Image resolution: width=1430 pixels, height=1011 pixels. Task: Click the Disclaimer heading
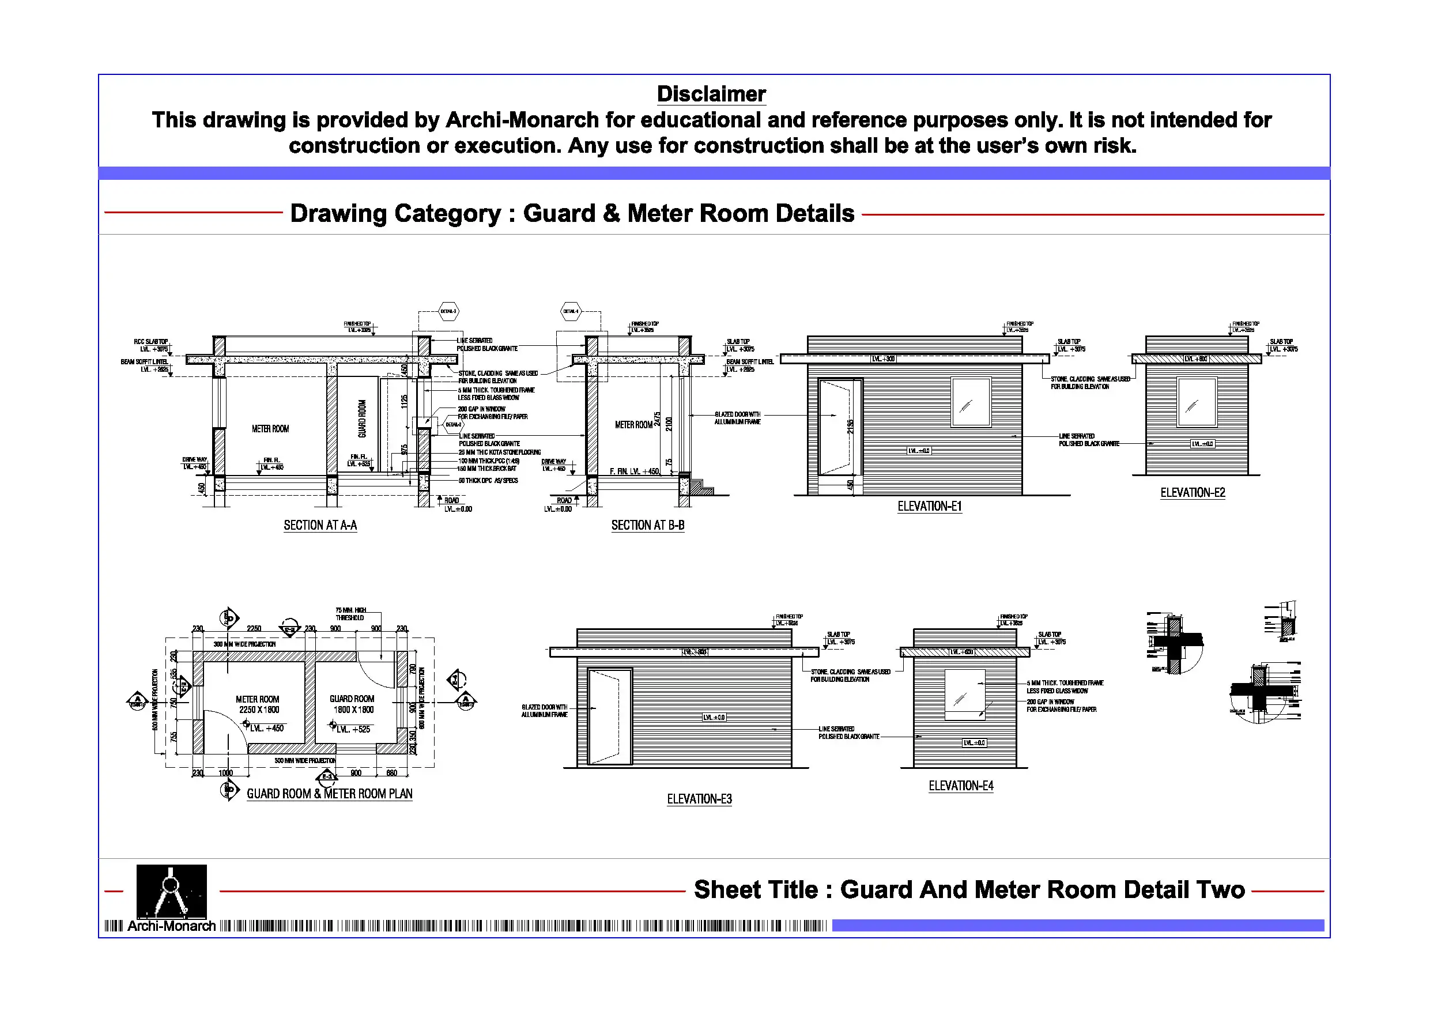coord(711,94)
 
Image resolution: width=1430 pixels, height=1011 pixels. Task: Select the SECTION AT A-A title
coord(320,525)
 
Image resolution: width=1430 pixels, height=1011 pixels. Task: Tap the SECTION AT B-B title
coord(648,525)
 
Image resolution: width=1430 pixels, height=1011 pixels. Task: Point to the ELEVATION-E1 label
coord(929,507)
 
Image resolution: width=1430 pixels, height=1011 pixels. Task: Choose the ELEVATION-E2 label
coord(1192,493)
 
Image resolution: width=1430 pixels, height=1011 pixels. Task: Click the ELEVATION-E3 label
coord(699,799)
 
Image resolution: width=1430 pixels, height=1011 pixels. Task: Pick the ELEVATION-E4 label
coord(960,786)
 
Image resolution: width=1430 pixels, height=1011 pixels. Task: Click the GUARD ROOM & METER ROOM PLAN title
coord(330,794)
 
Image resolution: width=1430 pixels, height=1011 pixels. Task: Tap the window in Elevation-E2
coord(1196,402)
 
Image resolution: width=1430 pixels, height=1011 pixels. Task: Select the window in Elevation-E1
coord(971,402)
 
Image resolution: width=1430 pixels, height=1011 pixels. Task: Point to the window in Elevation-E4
coord(965,695)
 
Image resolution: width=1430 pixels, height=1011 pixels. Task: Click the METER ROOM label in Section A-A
coord(270,429)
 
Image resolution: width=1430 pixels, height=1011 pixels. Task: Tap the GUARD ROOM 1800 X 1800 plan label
coord(353,704)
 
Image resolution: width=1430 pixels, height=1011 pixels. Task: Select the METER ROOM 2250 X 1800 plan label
coord(258,704)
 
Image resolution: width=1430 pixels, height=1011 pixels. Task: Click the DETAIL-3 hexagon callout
coord(448,311)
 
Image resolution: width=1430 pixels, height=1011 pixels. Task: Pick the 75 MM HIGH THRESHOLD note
coord(350,614)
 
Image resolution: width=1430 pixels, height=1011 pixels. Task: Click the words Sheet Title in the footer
coord(756,889)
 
